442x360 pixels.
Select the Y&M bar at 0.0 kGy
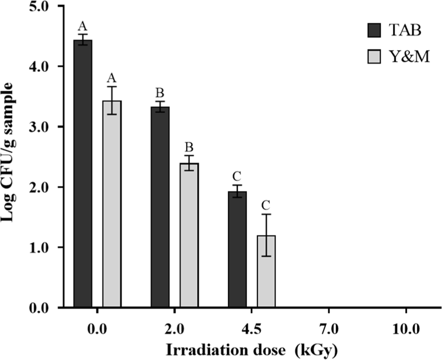pos(112,204)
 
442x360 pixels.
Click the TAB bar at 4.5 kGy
pos(237,250)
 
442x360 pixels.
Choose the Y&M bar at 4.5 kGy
pos(266,272)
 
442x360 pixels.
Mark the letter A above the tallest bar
pos(83,26)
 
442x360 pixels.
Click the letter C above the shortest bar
pos(266,206)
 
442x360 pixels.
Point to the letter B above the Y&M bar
pos(189,147)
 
